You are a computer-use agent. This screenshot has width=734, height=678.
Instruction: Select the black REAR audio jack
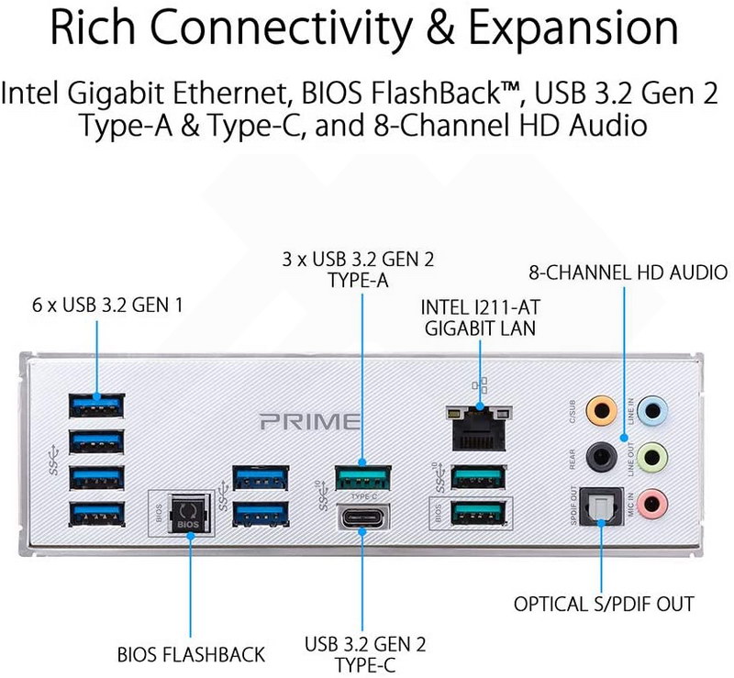[x=601, y=453]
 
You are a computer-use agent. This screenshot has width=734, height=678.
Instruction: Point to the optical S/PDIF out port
[x=601, y=504]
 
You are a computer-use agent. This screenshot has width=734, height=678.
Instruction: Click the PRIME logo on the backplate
[x=308, y=422]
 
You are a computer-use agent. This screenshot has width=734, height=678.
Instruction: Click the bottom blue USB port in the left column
[x=97, y=514]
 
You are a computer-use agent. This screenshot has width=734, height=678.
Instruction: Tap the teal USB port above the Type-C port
[x=362, y=477]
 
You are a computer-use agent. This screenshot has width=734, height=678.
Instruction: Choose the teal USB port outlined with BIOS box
[x=477, y=515]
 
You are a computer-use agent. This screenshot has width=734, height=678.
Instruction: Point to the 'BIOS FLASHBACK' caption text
[x=191, y=655]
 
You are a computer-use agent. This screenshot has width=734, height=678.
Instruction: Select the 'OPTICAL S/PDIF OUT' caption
[x=603, y=605]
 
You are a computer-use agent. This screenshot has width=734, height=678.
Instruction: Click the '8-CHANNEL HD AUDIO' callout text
[x=628, y=272]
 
